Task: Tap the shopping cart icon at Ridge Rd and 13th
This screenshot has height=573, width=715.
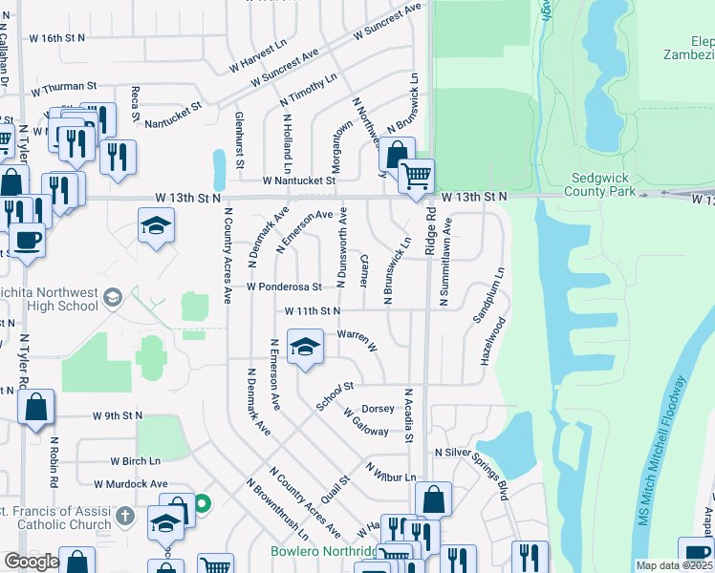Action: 416,176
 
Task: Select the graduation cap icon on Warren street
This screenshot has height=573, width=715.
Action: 304,347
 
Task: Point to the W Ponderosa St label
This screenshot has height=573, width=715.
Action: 283,286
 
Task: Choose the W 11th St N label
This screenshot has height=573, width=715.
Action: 312,311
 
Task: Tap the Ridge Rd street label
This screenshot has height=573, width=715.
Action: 430,232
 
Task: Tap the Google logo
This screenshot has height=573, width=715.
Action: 32,562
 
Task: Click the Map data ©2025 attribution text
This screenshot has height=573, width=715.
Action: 673,565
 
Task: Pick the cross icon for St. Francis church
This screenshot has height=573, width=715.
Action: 124,518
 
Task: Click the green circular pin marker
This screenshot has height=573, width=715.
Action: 202,502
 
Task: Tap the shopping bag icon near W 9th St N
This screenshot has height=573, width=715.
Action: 35,408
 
